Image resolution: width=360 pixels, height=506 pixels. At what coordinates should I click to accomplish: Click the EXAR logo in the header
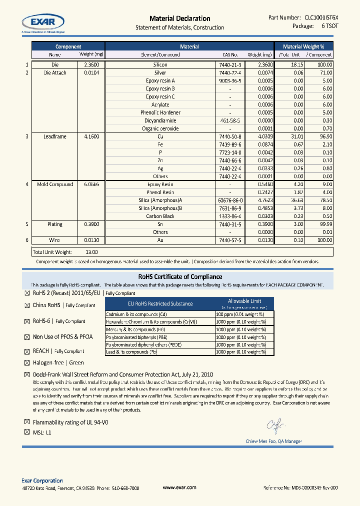click(42, 22)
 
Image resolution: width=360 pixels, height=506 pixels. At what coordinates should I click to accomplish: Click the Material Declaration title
click(179, 18)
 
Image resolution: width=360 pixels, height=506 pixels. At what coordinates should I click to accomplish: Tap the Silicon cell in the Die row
click(160, 65)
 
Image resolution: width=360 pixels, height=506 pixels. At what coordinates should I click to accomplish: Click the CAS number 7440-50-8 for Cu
click(230, 136)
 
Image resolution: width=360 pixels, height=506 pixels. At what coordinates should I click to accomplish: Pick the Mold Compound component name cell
click(55, 184)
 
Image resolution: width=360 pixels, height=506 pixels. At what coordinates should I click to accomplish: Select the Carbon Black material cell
click(160, 216)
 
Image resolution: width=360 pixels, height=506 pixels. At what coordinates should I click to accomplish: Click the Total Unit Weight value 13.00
click(91, 252)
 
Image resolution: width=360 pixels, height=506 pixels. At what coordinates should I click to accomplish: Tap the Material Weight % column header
click(307, 46)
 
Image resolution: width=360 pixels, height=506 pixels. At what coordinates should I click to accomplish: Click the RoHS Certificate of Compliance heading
click(180, 276)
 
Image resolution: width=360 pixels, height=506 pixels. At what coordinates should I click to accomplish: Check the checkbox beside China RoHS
click(27, 305)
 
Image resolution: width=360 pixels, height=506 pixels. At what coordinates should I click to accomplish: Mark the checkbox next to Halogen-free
click(27, 363)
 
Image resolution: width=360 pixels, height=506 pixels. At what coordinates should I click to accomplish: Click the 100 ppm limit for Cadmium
click(240, 314)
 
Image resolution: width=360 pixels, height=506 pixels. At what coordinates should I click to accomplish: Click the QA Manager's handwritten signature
click(275, 425)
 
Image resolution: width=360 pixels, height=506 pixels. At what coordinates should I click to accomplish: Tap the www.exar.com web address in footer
click(179, 487)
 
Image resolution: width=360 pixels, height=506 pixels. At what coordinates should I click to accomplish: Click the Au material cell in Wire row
click(160, 240)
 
